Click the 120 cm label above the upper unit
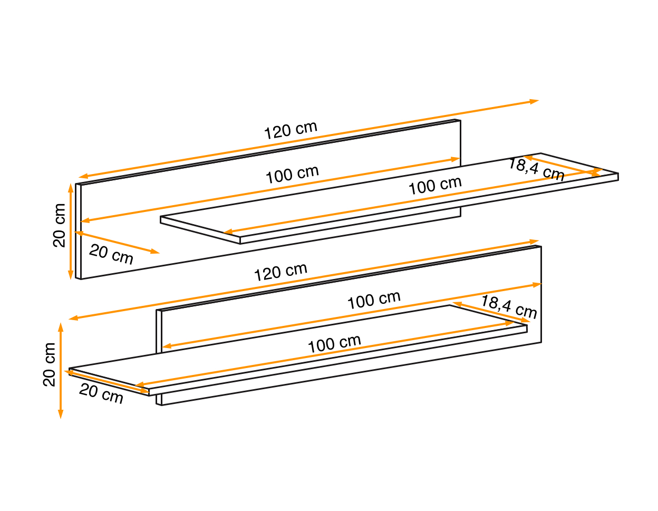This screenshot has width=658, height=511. (x=291, y=130)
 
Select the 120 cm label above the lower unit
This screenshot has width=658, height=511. (x=280, y=272)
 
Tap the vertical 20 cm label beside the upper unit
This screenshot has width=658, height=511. (x=59, y=226)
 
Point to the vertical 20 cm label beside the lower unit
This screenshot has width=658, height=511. (x=49, y=365)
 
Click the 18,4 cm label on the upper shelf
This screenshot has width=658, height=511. (x=536, y=169)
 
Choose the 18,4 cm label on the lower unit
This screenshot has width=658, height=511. (x=509, y=307)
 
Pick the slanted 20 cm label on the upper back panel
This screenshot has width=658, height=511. (x=111, y=254)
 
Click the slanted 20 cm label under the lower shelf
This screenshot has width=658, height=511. (x=101, y=393)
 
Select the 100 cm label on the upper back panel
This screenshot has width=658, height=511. (x=292, y=175)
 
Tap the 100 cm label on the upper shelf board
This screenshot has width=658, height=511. (x=435, y=185)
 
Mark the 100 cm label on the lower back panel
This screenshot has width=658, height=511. (x=374, y=300)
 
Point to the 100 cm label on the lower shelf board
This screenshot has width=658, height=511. (x=334, y=344)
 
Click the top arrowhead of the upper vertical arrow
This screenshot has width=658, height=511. (x=71, y=188)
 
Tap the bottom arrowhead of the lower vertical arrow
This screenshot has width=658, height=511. (x=61, y=414)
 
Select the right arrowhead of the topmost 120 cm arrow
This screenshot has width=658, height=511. (x=534, y=101)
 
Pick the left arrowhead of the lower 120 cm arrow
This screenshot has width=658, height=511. (x=73, y=318)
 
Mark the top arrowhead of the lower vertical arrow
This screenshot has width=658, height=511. (x=61, y=327)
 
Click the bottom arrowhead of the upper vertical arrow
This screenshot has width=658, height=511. (x=71, y=275)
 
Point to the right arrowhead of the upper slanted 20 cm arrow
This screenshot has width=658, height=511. (x=155, y=251)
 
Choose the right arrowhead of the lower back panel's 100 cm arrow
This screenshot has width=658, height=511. (x=537, y=285)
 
